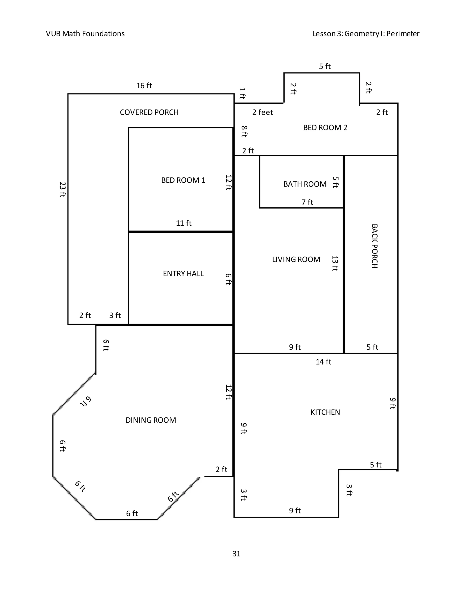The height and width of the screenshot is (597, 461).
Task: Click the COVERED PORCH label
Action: (149, 112)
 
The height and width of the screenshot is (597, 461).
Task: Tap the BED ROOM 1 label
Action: (183, 180)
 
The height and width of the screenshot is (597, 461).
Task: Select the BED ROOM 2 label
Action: (325, 128)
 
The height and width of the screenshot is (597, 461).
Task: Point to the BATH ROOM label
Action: (305, 184)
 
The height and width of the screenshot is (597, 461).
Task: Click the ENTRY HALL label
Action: (183, 274)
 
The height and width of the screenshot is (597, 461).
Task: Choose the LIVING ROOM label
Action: (296, 259)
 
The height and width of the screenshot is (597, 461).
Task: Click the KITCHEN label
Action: (325, 412)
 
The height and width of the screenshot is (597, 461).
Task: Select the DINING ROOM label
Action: (151, 420)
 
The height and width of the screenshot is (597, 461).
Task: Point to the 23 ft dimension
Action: (63, 189)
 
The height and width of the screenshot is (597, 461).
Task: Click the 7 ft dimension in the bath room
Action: (307, 202)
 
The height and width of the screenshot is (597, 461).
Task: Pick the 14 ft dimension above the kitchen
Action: (323, 362)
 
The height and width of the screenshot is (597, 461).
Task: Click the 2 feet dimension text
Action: (262, 112)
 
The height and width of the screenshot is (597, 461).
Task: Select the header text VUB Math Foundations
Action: (85, 34)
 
